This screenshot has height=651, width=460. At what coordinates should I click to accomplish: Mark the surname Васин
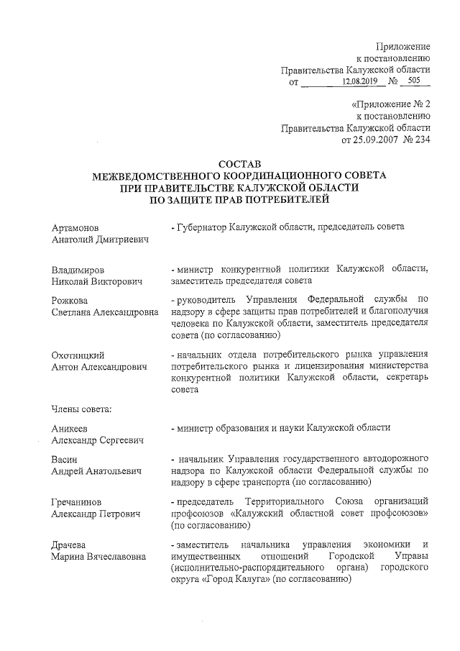(x=65, y=459)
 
